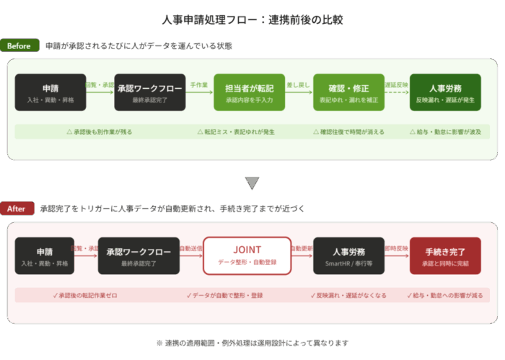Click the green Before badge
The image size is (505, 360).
pos(19,46)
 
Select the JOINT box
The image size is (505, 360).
pos(247,255)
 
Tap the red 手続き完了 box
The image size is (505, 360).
pos(444,255)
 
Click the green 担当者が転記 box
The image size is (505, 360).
pos(249,92)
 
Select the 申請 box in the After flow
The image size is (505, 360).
pos(45,255)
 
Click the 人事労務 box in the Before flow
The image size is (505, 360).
pos(444,92)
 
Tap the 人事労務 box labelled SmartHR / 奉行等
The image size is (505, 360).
pos(348,255)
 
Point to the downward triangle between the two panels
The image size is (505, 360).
pos(252,183)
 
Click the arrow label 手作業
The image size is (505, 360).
pos(199,85)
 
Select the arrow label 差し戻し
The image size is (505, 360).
pos(299,85)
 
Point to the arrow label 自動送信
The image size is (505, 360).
pos(190,248)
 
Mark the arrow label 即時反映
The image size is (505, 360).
pos(396,248)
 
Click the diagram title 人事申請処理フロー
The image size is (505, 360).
pos(252,19)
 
